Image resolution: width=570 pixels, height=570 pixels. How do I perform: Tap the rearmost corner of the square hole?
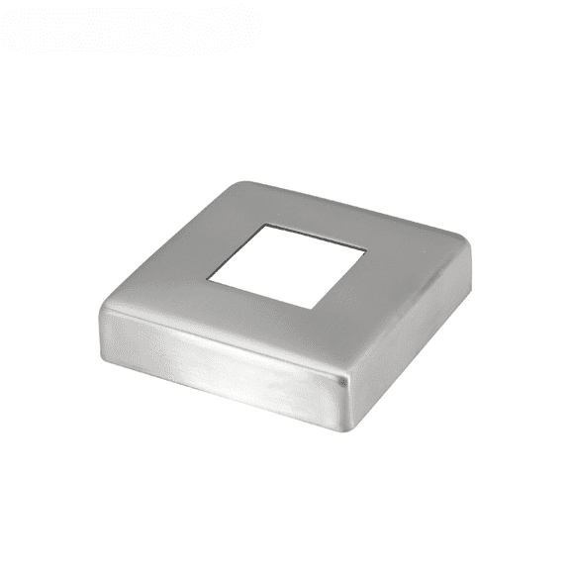point(263,226)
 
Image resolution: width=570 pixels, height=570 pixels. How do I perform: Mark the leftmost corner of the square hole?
point(209,274)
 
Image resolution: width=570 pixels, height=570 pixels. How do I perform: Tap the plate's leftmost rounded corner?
point(103,315)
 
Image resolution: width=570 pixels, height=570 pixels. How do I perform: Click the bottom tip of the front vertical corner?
point(346,428)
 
